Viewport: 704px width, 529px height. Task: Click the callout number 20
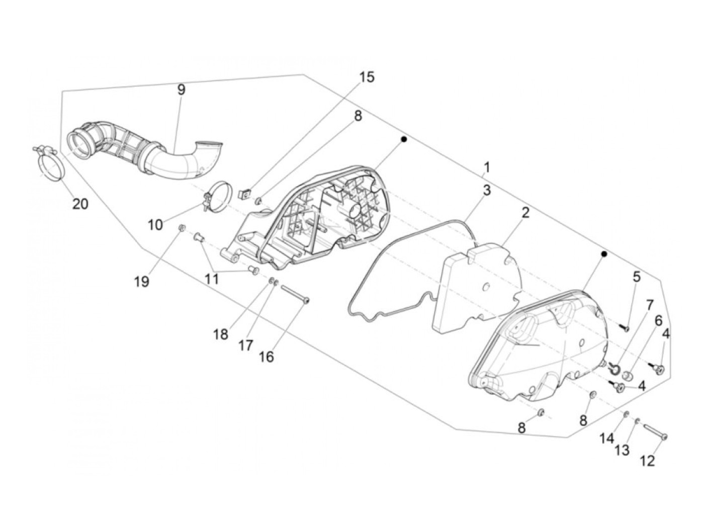point(80,204)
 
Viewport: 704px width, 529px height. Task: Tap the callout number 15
point(367,77)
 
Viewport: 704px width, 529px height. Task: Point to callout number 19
point(142,282)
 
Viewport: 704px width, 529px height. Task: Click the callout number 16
point(266,357)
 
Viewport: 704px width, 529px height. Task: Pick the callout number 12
point(648,461)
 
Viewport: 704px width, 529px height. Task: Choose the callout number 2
point(525,213)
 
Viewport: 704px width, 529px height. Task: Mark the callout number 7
point(649,305)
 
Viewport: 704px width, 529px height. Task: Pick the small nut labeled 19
point(182,230)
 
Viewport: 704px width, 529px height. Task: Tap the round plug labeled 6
point(627,376)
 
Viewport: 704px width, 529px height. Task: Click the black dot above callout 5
point(604,254)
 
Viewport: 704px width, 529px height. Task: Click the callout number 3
point(487,191)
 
